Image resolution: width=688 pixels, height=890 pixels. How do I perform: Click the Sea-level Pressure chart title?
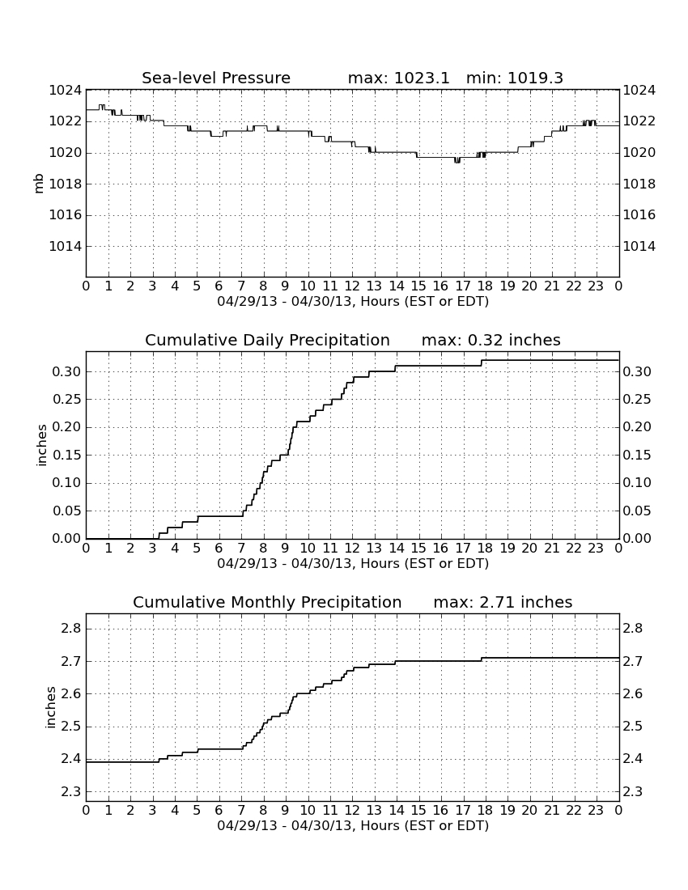(216, 78)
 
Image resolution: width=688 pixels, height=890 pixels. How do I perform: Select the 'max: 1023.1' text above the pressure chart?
(398, 78)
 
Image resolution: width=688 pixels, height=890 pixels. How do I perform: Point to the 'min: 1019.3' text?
(514, 78)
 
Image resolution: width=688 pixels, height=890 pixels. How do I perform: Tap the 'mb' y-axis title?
(39, 184)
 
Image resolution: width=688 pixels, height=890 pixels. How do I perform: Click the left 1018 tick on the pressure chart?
(66, 184)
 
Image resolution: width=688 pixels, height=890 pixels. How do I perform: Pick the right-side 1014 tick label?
(639, 246)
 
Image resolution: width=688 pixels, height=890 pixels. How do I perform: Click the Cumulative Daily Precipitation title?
(267, 340)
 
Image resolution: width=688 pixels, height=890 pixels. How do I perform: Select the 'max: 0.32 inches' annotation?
(491, 340)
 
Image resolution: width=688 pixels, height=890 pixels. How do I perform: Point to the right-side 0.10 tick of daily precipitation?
(637, 482)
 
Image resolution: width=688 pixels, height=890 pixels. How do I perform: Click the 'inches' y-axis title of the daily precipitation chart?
(41, 446)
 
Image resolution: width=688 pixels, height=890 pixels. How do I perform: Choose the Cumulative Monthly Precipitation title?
(267, 602)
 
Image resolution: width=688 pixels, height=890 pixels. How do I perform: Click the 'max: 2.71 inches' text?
(503, 602)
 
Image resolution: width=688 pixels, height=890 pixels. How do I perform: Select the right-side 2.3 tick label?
(633, 792)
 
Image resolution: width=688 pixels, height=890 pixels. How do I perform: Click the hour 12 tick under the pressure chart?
(352, 286)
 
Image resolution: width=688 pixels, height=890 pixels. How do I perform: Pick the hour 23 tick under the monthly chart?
(596, 810)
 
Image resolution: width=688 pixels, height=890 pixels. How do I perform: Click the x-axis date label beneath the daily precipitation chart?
(353, 564)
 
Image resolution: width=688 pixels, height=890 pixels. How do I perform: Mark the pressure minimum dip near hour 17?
(457, 161)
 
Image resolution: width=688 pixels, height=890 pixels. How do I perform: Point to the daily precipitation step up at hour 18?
(482, 362)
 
